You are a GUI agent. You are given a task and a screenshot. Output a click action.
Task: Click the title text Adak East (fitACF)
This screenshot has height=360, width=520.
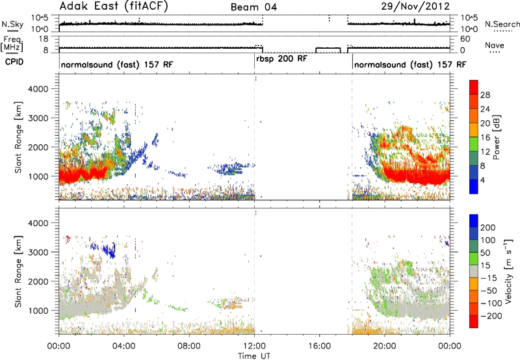[x=114, y=6]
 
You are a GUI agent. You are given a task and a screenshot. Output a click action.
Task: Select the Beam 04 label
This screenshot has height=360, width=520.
[x=253, y=7]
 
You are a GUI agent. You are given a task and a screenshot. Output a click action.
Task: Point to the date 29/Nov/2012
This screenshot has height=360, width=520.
[x=415, y=6]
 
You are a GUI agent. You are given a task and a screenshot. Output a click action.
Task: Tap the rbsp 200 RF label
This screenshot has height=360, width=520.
[x=281, y=58]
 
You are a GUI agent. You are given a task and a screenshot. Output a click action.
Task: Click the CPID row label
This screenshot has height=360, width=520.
[x=14, y=62]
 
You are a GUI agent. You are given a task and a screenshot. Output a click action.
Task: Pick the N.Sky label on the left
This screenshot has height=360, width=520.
[x=12, y=24]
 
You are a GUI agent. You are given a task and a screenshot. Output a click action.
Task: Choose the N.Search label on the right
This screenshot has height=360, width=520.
[x=502, y=24]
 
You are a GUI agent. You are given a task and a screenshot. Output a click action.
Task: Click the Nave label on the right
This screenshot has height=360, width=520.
[x=495, y=45]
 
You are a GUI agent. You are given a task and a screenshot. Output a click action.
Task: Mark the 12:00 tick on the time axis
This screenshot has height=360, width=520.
[x=254, y=346]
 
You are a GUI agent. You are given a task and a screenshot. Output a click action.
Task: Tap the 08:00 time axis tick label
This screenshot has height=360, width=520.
[x=189, y=346]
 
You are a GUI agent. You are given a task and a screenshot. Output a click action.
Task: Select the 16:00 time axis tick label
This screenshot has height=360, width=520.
[x=319, y=346]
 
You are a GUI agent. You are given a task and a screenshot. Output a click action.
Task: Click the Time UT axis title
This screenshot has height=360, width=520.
[x=254, y=355]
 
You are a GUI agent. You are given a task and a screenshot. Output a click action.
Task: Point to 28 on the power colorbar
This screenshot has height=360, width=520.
[x=485, y=95]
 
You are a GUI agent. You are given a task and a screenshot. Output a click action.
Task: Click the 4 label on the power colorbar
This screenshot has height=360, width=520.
[x=482, y=180]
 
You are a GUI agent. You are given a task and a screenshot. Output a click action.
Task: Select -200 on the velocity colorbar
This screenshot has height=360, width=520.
[x=491, y=316]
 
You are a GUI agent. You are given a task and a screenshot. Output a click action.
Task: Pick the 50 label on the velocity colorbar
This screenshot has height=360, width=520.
[x=485, y=253]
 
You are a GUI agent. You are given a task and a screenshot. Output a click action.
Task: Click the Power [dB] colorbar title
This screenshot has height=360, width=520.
[x=497, y=137]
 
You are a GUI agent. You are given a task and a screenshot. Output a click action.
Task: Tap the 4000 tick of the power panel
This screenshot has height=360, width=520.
[x=38, y=89]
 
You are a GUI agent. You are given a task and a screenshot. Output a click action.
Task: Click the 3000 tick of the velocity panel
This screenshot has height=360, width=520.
[x=38, y=252]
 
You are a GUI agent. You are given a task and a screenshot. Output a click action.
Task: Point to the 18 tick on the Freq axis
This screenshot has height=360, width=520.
[x=44, y=39]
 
